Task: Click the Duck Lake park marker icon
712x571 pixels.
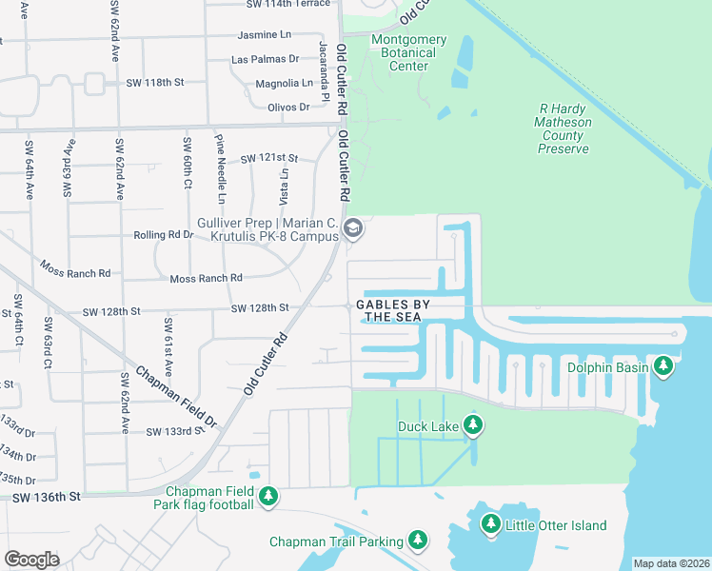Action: [472, 426]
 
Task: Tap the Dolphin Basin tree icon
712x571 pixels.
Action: [663, 366]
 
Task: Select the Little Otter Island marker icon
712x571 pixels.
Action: [491, 524]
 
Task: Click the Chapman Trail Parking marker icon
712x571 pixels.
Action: [417, 541]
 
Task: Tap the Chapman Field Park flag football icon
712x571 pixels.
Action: [269, 497]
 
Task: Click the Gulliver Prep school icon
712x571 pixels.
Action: [352, 227]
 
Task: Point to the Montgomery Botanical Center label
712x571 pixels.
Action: [408, 52]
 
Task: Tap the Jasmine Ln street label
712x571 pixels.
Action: [264, 35]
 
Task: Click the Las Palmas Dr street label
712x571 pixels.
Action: [266, 59]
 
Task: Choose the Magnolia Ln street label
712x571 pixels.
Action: [284, 84]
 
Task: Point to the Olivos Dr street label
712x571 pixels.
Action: [289, 108]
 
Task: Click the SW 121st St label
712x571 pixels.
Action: [269, 158]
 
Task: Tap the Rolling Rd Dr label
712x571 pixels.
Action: [163, 235]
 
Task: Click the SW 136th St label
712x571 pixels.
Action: [47, 497]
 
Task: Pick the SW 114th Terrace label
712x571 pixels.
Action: [287, 4]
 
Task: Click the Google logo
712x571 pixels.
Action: [30, 559]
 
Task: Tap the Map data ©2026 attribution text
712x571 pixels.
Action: [670, 563]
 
